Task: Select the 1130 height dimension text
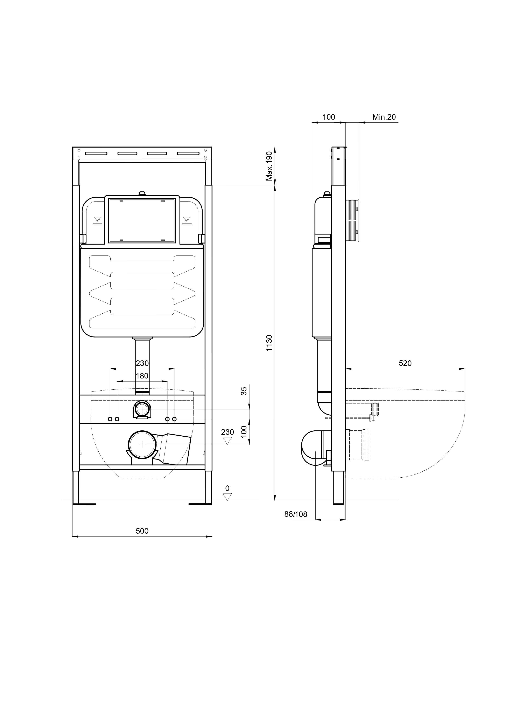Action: (x=269, y=343)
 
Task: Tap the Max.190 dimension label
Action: (x=269, y=166)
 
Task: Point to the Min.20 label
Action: (x=384, y=117)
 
